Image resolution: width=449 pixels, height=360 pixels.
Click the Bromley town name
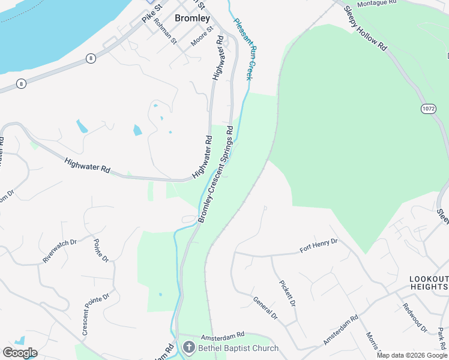click(x=193, y=18)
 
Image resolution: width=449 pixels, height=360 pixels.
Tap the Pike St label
click(x=152, y=14)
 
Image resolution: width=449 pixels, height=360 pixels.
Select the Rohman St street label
click(x=165, y=32)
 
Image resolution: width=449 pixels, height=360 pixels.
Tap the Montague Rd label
click(x=378, y=4)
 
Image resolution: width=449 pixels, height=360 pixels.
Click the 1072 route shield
click(x=427, y=109)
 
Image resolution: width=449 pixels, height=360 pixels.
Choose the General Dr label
click(x=265, y=308)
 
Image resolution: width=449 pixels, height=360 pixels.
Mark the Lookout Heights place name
click(x=428, y=283)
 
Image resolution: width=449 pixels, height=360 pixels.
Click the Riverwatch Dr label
click(x=60, y=251)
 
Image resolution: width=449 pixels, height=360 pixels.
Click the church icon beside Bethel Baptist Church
click(x=188, y=347)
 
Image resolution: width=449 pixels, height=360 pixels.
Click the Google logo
click(x=19, y=353)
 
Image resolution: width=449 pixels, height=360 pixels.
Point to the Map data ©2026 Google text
click(x=412, y=355)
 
